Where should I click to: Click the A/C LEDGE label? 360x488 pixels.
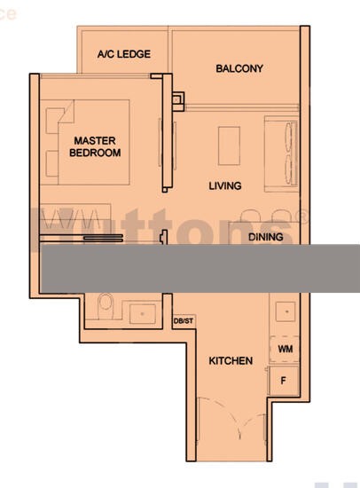(123, 54)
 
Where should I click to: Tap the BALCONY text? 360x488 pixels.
(239, 68)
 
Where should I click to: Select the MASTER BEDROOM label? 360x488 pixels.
(95, 146)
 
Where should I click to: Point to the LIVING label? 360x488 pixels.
(225, 186)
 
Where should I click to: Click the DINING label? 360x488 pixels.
(265, 237)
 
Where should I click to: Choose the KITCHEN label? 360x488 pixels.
(231, 361)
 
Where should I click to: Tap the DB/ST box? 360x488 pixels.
(183, 321)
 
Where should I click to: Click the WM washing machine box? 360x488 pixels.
(284, 350)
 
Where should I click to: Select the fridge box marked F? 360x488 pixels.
(284, 380)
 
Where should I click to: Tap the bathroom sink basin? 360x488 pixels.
(140, 312)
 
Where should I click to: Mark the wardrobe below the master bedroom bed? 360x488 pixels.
(75, 218)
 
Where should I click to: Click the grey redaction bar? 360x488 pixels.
(200, 269)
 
